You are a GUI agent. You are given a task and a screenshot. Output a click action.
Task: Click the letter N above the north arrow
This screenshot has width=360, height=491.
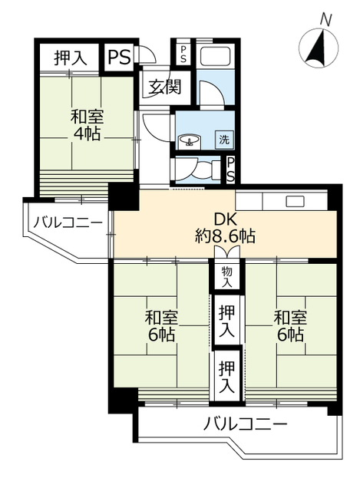pyautogui.click(x=325, y=18)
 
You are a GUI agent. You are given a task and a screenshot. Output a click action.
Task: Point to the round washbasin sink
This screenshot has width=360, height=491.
pyautogui.click(x=189, y=140)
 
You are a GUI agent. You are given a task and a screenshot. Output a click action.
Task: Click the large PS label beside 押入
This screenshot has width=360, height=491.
pyautogui.click(x=120, y=55)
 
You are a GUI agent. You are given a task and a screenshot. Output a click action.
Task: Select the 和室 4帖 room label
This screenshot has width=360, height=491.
pyautogui.click(x=87, y=125)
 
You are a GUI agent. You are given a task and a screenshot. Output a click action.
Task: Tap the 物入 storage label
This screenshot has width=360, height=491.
pyautogui.click(x=226, y=276)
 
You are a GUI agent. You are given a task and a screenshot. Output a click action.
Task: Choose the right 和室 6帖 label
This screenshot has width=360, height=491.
pyautogui.click(x=290, y=326)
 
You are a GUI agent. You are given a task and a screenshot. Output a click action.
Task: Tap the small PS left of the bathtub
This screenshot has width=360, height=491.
pyautogui.click(x=183, y=53)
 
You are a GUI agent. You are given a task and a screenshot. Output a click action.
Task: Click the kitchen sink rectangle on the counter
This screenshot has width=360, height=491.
pyautogui.click(x=296, y=202)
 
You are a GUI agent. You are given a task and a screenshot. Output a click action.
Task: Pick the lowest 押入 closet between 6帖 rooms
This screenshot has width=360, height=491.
pyautogui.click(x=226, y=376)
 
